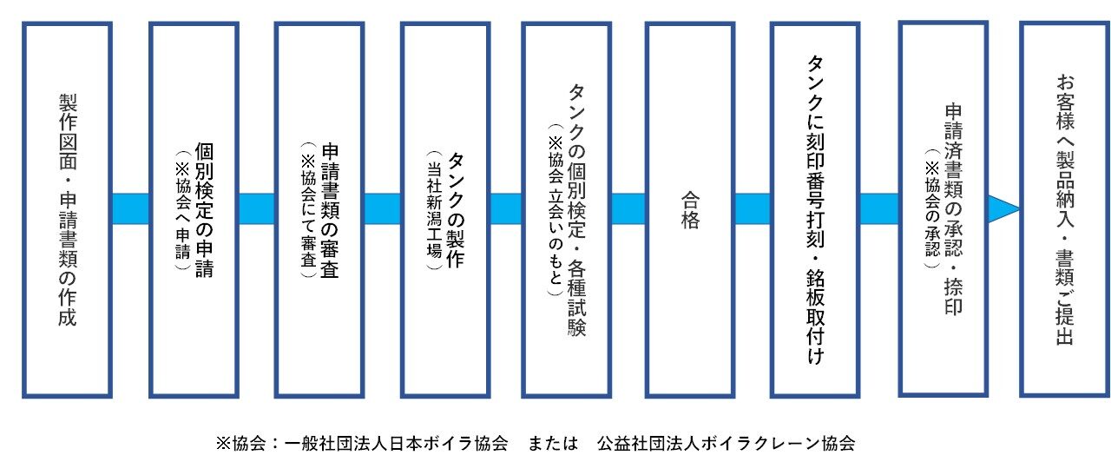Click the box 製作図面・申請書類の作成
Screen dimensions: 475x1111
[x=67, y=209]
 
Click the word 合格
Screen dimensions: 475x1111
[x=690, y=209]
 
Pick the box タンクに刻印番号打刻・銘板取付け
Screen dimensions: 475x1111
[x=814, y=209]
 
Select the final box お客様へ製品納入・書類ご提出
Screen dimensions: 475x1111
[x=1063, y=209]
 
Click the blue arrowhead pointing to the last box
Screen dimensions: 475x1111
[x=1003, y=209]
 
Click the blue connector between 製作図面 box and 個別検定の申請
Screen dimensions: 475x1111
[x=131, y=209]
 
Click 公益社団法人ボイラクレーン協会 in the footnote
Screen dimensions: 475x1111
[x=726, y=444]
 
